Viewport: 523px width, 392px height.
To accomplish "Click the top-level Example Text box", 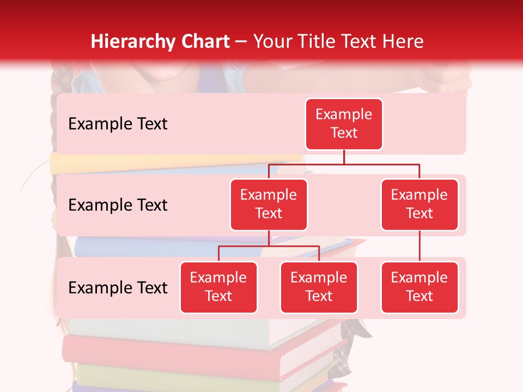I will [x=344, y=124].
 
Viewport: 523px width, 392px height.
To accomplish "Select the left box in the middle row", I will [x=269, y=204].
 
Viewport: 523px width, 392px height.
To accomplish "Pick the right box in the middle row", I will [x=419, y=204].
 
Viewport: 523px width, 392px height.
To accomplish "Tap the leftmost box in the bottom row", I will [x=218, y=287].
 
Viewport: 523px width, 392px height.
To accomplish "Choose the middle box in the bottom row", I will [x=319, y=287].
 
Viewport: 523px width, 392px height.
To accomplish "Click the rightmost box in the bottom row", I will [x=419, y=287].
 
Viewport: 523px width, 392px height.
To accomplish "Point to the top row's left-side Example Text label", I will [x=118, y=124].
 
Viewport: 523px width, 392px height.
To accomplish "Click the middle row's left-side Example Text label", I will [x=118, y=205].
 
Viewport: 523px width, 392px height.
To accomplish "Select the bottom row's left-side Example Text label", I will [x=118, y=288].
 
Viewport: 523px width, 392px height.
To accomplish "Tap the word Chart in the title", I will [x=204, y=41].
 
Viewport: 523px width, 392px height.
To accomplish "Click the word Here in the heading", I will [x=403, y=41].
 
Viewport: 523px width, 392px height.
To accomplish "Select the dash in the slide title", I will [x=241, y=42].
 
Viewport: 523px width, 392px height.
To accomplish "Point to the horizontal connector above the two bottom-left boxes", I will [x=269, y=246].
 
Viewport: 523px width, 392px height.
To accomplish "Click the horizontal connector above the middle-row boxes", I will [x=344, y=164].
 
